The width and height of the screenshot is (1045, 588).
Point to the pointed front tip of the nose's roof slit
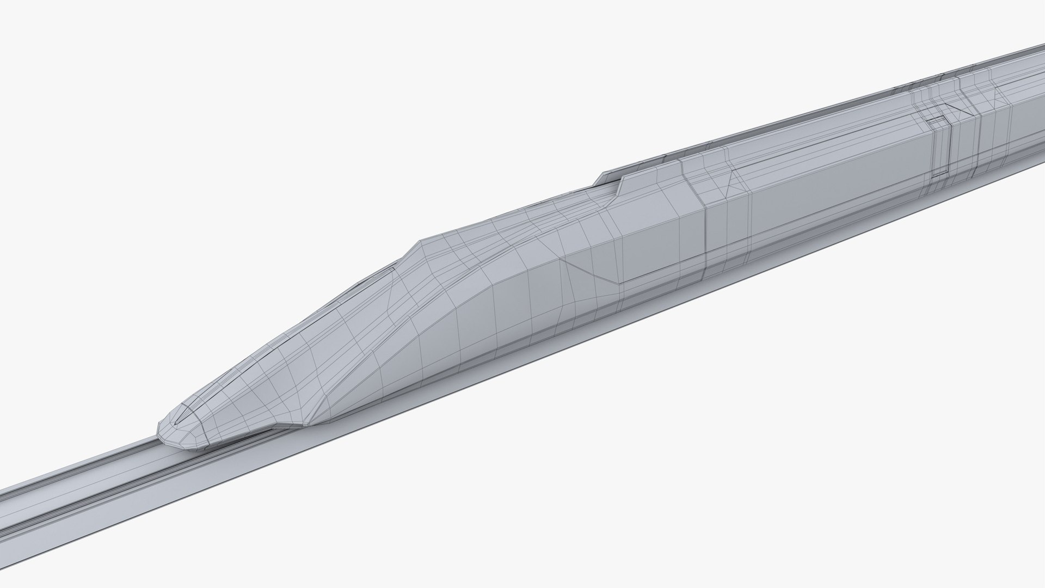click(177, 421)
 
